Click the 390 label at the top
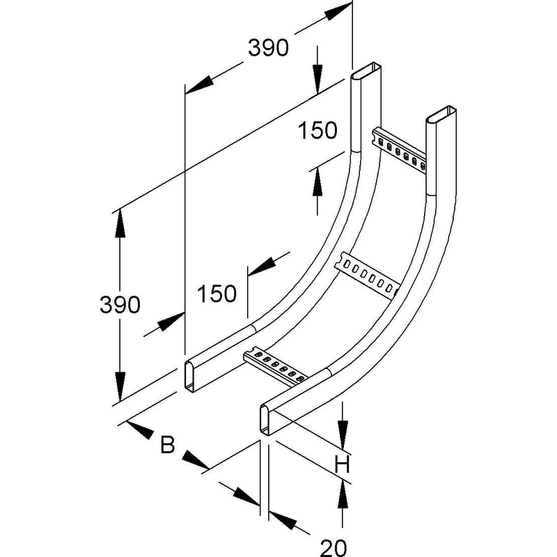click(x=268, y=48)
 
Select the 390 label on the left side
click(x=120, y=304)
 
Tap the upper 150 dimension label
click(x=317, y=130)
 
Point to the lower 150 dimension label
click(x=217, y=293)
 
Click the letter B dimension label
click(x=168, y=444)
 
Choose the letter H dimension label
click(x=342, y=464)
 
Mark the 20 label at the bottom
click(x=334, y=548)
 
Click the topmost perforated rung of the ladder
click(x=399, y=150)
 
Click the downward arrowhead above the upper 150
click(x=317, y=81)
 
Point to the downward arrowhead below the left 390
click(x=120, y=386)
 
